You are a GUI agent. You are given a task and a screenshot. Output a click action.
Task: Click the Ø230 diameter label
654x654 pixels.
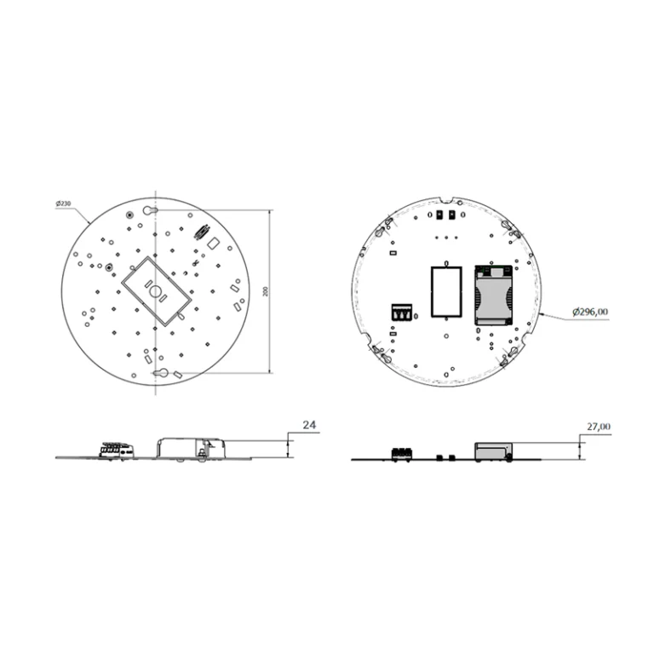[63, 204]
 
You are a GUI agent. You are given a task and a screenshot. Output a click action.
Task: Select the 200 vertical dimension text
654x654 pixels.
[267, 291]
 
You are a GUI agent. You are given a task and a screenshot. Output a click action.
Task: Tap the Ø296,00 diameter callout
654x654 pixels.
[589, 312]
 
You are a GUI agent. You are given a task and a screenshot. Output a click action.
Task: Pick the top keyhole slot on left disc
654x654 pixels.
[153, 209]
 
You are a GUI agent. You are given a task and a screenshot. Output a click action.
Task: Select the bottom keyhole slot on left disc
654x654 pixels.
[160, 372]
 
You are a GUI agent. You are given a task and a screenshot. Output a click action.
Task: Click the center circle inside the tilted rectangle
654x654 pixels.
[157, 291]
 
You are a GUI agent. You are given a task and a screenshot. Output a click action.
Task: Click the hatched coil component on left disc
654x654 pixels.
[203, 231]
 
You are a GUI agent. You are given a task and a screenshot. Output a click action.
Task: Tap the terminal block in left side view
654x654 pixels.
[116, 449]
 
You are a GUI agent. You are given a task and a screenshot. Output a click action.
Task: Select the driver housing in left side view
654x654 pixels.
[192, 447]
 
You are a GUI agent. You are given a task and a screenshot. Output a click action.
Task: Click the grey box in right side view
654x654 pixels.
[493, 451]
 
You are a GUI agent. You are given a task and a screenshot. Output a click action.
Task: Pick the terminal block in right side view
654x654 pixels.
[401, 453]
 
